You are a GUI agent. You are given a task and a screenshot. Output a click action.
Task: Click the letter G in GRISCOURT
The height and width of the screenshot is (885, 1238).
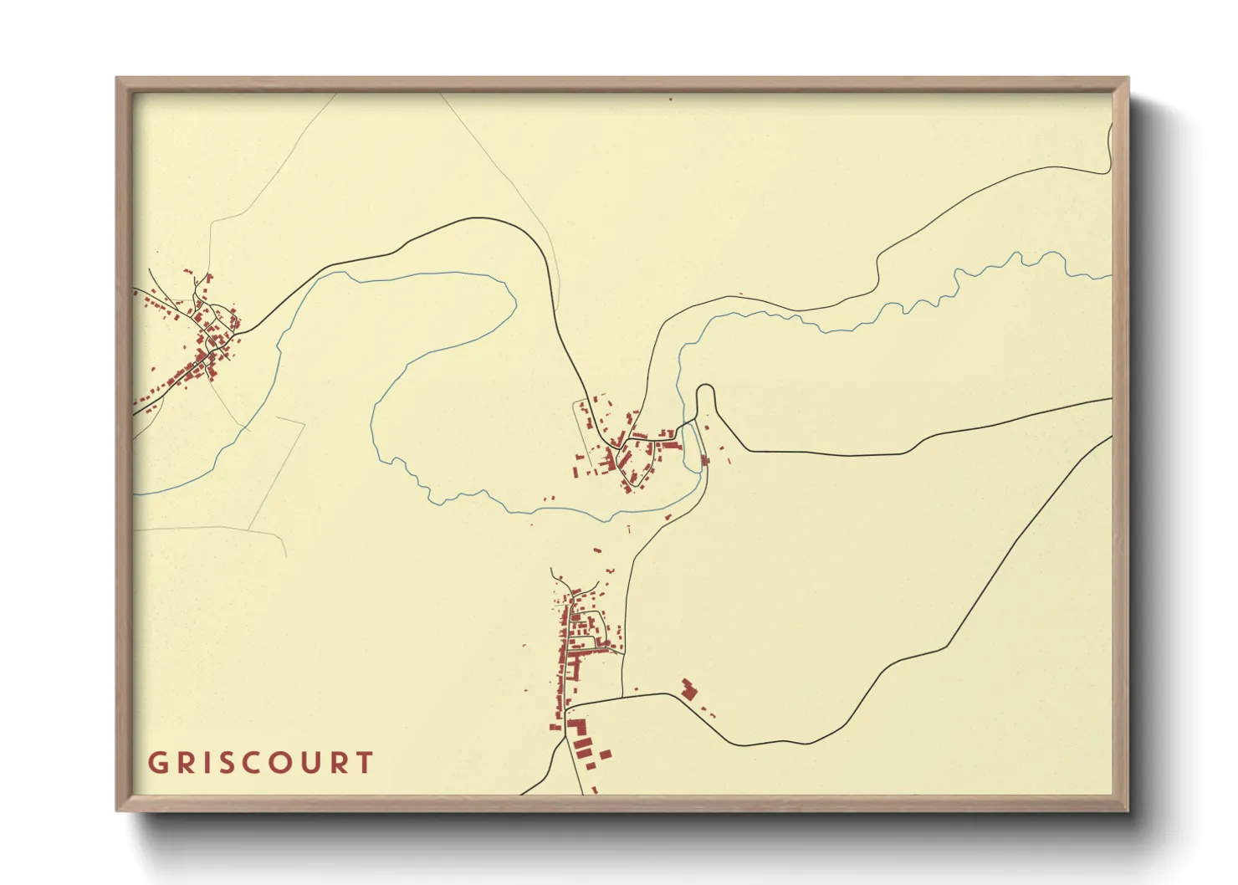157,763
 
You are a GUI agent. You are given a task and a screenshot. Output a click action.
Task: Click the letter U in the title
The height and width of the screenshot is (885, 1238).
311,763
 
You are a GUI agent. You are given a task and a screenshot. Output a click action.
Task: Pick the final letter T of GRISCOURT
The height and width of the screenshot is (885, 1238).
365,763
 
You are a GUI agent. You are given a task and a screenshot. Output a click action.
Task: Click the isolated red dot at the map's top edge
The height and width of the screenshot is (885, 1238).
670,99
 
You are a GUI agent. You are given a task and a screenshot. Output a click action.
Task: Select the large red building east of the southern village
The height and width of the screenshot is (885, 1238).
688,690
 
